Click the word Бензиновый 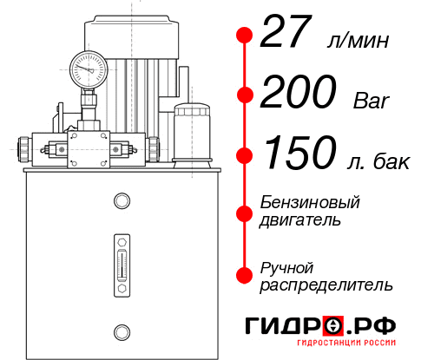[x=310, y=202]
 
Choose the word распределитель [x=326, y=285]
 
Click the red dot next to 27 [x=245, y=36]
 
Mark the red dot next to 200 [x=245, y=95]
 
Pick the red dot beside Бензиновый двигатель [x=245, y=212]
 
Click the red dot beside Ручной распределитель [x=245, y=275]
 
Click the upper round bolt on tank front [x=122, y=201]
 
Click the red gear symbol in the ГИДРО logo [x=333, y=326]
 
